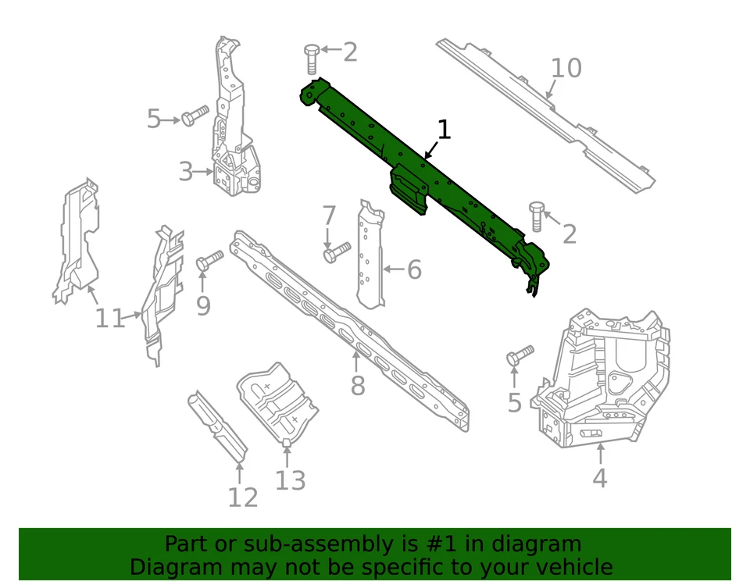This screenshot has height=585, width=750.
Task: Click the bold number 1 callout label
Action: pos(444,130)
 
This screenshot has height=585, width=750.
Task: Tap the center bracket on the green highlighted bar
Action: pos(409,188)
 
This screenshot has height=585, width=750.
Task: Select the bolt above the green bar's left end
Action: pos(311,59)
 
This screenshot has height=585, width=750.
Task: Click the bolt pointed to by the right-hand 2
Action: pos(537,216)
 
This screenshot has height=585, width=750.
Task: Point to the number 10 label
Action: pos(566,69)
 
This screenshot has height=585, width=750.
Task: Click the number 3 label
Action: pos(185,171)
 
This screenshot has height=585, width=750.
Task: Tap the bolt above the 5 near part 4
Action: pos(520,355)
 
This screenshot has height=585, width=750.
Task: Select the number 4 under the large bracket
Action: pos(599,477)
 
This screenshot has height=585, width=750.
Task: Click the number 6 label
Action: pos(413,270)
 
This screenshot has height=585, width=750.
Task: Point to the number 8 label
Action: pos(357,385)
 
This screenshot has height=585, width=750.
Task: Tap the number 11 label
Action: pos(110,319)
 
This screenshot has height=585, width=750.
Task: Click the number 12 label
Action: pos(242,497)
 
